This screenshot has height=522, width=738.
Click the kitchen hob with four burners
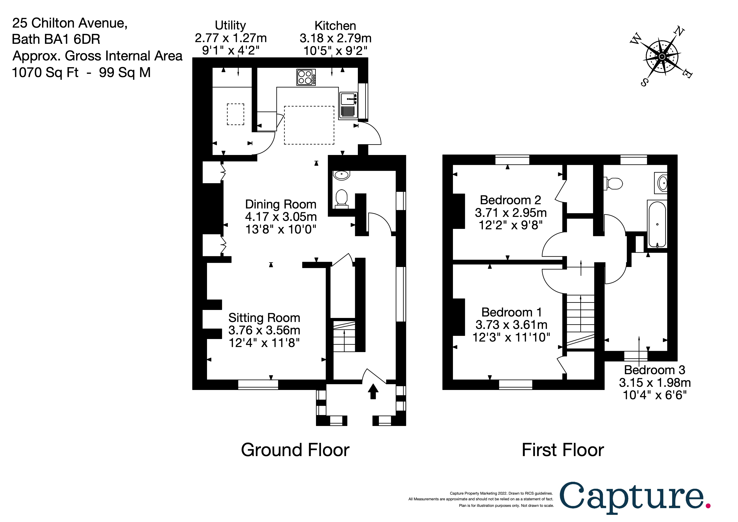(x=306, y=77)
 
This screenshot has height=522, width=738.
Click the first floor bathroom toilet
(x=614, y=184)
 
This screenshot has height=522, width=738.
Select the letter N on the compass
(x=679, y=32)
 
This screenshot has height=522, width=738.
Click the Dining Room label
(x=281, y=204)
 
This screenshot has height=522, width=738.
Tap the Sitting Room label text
(x=264, y=318)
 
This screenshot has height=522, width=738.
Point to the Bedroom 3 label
(x=654, y=370)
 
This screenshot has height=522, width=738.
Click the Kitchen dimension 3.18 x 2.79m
(x=335, y=38)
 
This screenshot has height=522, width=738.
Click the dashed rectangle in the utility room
(x=236, y=114)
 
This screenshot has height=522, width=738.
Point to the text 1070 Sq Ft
(x=45, y=72)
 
